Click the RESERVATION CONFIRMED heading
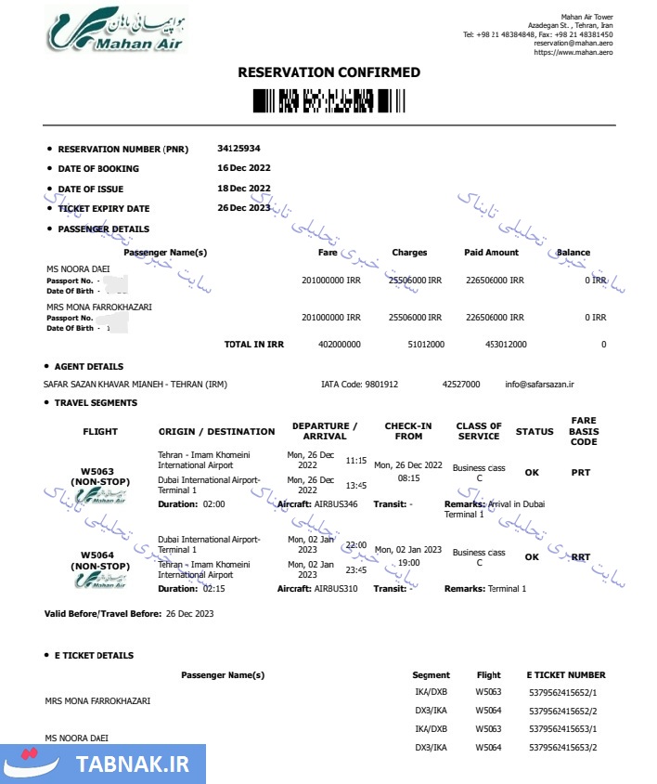point(328,72)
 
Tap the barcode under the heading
point(328,99)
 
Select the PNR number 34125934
point(238,149)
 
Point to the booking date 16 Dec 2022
point(243,168)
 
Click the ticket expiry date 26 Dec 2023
point(243,208)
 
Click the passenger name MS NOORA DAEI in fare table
point(77,268)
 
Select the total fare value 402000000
point(339,345)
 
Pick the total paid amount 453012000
point(506,345)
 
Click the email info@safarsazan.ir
point(540,384)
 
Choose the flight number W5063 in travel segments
point(100,471)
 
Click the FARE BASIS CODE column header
point(584,431)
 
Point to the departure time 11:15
point(356,460)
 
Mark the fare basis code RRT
point(581,557)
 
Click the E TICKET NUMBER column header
point(565,675)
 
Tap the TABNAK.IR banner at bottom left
point(102,764)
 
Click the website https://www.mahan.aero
point(573,53)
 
